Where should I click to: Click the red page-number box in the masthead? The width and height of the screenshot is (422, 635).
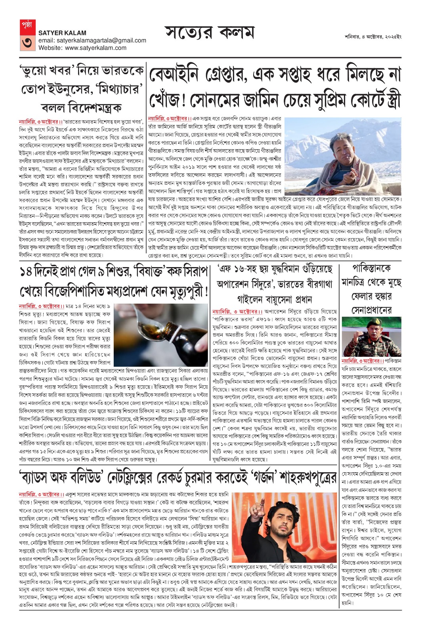click(x=27, y=35)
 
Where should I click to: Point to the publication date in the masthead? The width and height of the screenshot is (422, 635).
click(x=372, y=37)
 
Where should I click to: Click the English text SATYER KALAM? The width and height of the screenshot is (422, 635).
click(x=62, y=33)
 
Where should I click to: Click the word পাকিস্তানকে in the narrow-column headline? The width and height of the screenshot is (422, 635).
click(x=371, y=269)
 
